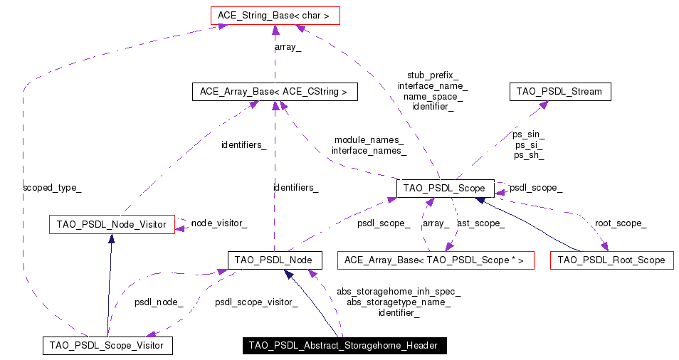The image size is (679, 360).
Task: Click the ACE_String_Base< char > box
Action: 275,14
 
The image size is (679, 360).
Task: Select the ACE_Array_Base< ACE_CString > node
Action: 274,92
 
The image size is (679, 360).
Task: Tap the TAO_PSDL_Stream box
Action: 560,92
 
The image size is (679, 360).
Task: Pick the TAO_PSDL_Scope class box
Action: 444,189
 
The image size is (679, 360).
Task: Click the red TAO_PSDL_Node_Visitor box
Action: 111,225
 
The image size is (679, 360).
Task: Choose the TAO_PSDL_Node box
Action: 275,260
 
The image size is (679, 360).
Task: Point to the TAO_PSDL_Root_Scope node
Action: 611,260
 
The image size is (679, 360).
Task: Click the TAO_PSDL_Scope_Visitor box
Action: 107,346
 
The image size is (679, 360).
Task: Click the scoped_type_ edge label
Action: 52,188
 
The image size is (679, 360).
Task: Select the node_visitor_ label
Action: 219,223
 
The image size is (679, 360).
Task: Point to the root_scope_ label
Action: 620,223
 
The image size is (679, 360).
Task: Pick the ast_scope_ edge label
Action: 480,223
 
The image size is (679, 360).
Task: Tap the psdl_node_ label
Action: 159,302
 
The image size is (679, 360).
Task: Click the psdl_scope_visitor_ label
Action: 256,302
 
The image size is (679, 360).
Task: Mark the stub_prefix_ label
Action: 433,75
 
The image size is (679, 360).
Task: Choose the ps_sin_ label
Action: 529,134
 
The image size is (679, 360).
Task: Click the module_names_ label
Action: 369,139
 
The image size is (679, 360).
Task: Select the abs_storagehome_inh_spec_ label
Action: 399,291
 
